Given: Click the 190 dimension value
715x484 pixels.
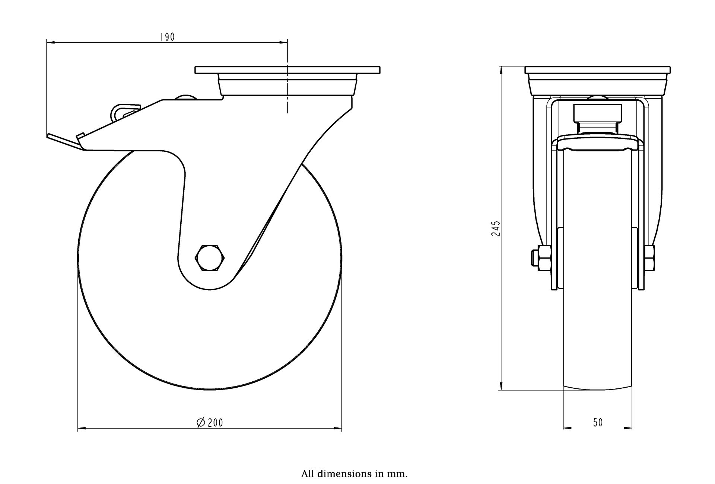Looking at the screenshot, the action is pos(167,37).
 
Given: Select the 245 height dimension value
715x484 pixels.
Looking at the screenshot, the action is pos(495,228).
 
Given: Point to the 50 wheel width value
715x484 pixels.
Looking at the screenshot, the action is pos(597,422).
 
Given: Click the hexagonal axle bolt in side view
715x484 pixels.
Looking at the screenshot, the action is pos(210,258).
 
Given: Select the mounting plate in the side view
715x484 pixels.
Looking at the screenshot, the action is pos(287,70).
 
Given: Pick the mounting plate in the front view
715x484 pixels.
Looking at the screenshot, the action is pos(598,70).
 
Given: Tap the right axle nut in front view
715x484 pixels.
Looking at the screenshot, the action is pos(649,257).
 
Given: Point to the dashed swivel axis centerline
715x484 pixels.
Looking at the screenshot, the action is pos(287,89).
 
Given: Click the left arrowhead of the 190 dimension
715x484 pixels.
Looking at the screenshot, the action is pos(50,43).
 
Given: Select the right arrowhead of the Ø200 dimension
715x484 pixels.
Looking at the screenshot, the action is pos(337,429).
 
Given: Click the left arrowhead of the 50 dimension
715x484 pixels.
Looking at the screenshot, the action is pos(567,428).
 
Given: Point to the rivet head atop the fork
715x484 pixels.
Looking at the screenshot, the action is pos(185,97).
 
